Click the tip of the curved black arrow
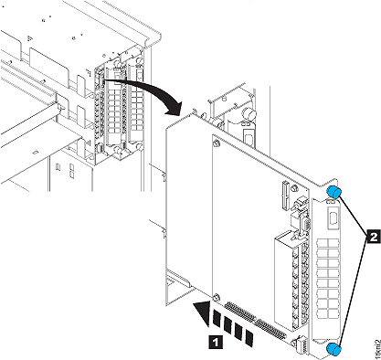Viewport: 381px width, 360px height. point(171,114)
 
